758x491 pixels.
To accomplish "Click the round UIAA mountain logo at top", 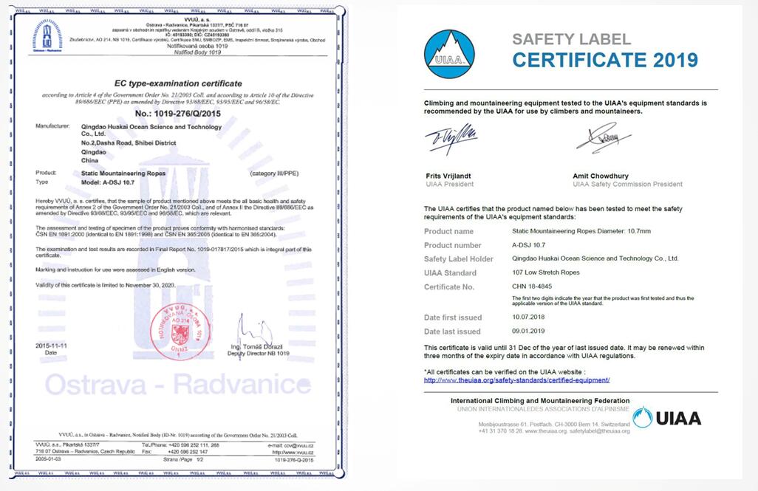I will [448, 54].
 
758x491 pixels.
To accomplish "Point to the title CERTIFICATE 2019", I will [605, 60].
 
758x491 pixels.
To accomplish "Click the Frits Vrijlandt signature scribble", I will [450, 139].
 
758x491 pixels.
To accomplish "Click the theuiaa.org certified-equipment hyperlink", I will [516, 380].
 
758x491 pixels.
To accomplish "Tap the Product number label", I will [452, 245].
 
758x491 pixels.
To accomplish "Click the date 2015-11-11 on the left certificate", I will [52, 346].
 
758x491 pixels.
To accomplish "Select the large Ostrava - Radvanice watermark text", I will [177, 384].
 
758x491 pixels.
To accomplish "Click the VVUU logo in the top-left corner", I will [47, 35].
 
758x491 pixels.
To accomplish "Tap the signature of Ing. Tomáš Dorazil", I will [249, 331].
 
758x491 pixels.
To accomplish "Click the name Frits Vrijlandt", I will [449, 176].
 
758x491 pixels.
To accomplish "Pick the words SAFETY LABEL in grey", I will [571, 39].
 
